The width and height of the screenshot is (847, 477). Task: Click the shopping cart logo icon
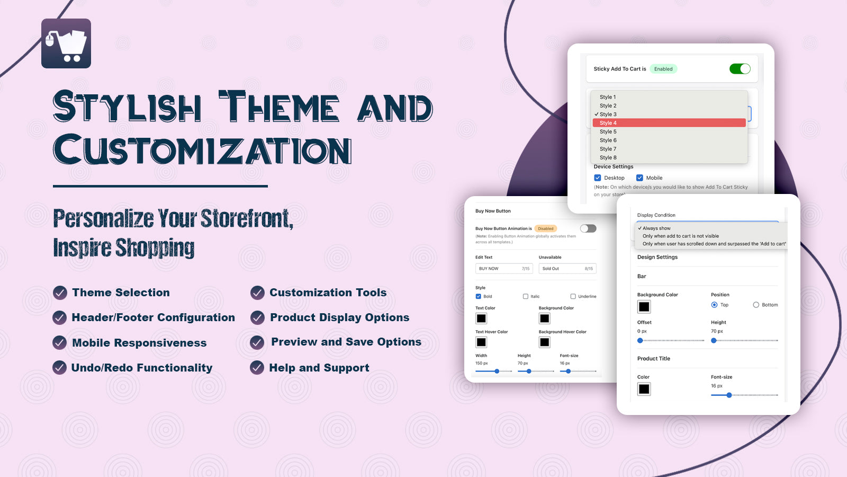(66, 43)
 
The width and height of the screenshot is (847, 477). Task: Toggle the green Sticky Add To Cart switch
(740, 69)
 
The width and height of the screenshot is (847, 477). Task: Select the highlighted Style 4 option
(669, 123)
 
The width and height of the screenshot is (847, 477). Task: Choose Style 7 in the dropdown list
(608, 149)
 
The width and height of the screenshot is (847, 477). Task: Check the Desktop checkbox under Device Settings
(598, 178)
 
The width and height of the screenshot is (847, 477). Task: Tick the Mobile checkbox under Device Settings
(639, 178)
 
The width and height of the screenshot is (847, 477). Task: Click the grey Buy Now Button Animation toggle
(588, 228)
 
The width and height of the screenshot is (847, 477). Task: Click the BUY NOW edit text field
(503, 269)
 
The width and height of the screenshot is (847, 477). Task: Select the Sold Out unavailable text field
(567, 269)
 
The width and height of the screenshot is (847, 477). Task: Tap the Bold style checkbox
(479, 296)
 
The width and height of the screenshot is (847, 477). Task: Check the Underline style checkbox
(573, 296)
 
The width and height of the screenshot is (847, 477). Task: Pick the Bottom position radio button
(756, 305)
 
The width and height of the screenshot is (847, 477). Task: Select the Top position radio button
(714, 305)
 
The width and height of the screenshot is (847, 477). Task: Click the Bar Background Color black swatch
(644, 306)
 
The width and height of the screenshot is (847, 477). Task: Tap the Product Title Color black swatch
(644, 389)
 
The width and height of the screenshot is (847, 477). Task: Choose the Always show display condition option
(656, 228)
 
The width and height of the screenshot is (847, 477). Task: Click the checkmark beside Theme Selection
(60, 293)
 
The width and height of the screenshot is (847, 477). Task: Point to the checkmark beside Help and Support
(257, 367)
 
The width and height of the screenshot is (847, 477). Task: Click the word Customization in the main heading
(202, 150)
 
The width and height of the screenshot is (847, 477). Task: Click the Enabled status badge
(663, 69)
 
